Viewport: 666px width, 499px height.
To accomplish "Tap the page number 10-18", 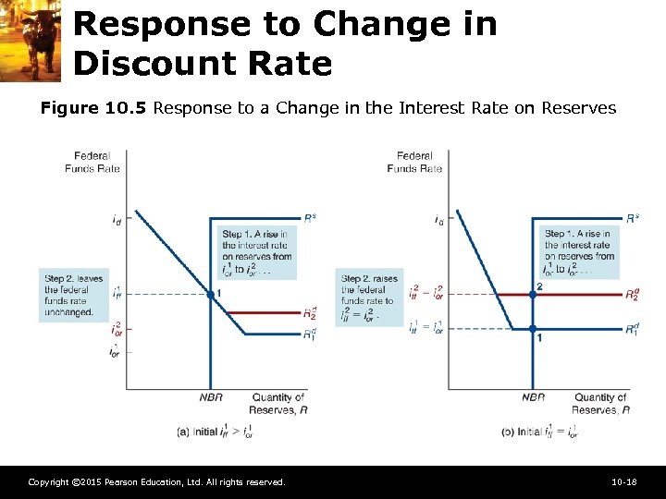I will point(624,482).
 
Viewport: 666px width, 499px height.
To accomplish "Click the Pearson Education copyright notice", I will point(156,482).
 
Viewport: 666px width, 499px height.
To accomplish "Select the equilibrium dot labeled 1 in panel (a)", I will point(210,294).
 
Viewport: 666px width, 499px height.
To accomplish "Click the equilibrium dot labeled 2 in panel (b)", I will point(533,295).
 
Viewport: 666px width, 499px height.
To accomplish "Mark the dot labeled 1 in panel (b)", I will point(533,328).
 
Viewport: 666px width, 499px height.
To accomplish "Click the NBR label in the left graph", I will point(210,397).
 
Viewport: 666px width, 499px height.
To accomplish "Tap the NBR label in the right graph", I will point(533,397).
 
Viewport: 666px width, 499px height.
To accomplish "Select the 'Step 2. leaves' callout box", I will point(68,295).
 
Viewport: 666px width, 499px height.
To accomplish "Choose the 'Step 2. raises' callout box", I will point(371,296).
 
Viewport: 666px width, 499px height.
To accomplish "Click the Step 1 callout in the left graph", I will point(256,252).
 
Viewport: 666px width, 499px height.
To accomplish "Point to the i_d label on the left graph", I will point(116,221).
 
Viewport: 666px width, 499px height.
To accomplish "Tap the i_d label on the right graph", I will point(438,221).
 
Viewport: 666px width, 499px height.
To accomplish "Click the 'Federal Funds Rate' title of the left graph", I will point(92,162).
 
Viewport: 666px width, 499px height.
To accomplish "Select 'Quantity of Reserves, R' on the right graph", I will point(599,404).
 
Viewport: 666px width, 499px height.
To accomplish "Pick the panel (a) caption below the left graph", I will point(214,432).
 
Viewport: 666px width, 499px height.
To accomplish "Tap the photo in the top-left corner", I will point(31,40).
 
